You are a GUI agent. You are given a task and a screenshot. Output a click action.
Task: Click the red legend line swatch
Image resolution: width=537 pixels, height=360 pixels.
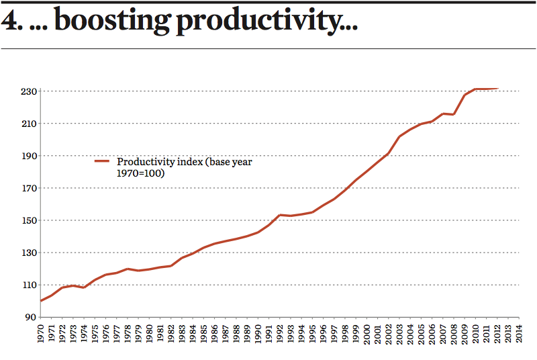point(102,162)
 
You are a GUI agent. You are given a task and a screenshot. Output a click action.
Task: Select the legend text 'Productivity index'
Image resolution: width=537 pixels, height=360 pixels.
point(160,162)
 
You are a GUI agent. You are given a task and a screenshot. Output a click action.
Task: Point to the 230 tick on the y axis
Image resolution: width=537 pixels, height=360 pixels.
point(29,91)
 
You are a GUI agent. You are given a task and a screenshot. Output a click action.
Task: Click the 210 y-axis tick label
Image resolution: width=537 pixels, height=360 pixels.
point(29,124)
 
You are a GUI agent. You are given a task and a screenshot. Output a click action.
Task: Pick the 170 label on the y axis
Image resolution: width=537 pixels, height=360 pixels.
point(29,188)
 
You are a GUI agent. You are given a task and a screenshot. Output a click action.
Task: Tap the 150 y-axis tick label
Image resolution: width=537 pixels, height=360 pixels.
point(29,220)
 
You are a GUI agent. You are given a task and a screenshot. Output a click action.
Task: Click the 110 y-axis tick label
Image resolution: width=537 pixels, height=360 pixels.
point(29,285)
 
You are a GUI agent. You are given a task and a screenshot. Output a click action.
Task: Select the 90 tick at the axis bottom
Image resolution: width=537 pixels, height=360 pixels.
point(32,317)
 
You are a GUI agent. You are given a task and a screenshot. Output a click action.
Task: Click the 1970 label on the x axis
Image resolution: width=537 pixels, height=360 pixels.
point(41,333)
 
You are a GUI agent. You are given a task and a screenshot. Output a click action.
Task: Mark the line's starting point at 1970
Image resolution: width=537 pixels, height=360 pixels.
point(41,301)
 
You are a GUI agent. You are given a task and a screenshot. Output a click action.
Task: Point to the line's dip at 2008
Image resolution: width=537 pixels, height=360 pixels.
point(454,114)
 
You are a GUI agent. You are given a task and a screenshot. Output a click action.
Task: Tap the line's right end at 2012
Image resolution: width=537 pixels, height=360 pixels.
point(497,88)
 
